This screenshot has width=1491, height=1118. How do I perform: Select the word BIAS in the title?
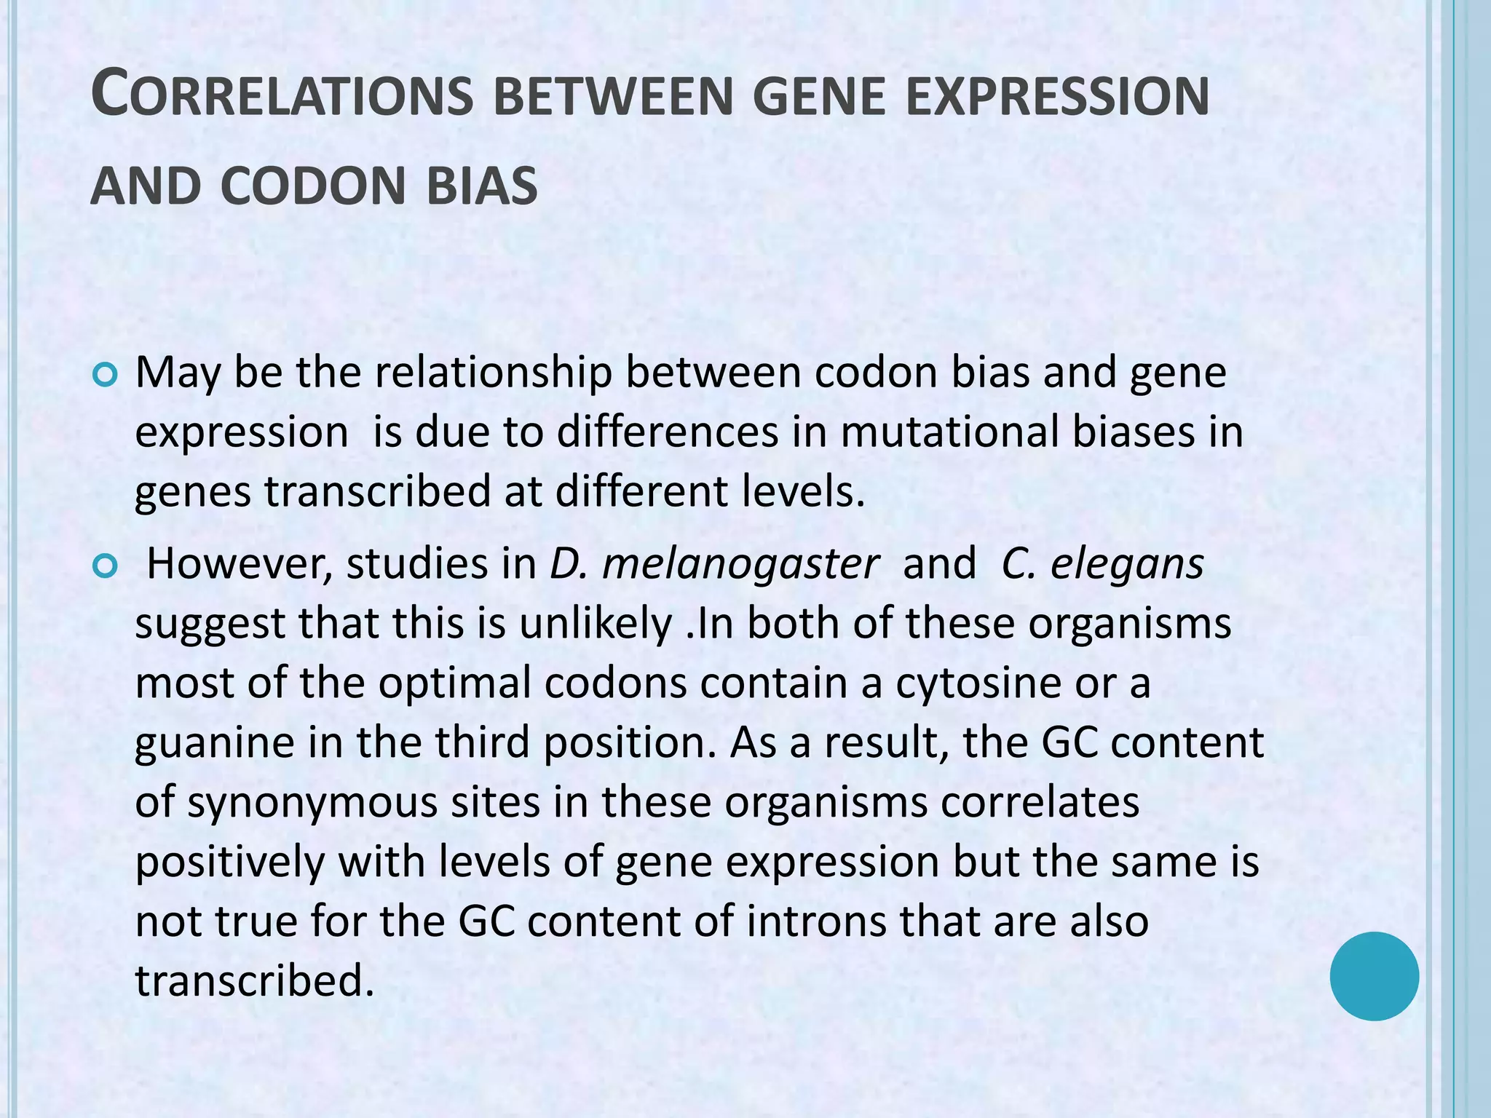[x=481, y=186]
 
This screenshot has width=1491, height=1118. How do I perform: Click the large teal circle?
[x=1374, y=976]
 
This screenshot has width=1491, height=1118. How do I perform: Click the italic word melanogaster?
[x=741, y=564]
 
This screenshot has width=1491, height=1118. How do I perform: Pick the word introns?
[x=815, y=921]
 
